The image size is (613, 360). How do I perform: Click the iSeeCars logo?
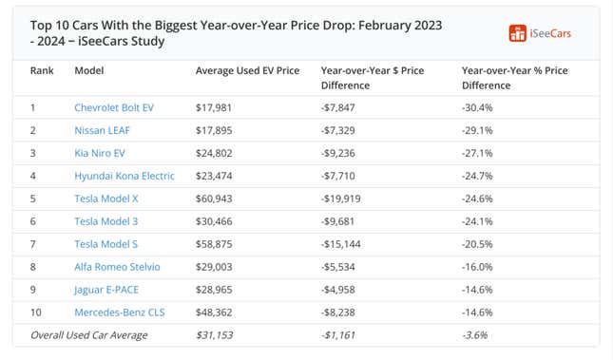[540, 34]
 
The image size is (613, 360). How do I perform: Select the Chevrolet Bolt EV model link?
[114, 107]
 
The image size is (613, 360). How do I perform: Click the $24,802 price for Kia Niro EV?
[214, 153]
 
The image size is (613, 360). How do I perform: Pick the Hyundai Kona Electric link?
[125, 176]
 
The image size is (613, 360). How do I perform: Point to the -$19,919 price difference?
[343, 199]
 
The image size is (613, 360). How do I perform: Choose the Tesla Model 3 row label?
[106, 221]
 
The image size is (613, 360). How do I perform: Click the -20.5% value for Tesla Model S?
[479, 244]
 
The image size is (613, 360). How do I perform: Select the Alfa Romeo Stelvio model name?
[117, 267]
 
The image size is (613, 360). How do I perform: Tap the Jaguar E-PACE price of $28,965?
[214, 290]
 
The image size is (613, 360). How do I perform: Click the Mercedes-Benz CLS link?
[118, 313]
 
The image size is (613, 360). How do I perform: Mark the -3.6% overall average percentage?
[476, 335]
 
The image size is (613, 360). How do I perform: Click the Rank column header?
[42, 71]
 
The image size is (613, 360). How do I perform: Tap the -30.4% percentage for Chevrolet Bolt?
[479, 107]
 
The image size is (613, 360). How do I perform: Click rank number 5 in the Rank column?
[33, 199]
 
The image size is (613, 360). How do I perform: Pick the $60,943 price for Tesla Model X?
[214, 199]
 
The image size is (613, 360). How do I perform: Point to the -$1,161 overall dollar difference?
[340, 335]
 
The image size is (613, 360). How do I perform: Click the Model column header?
[89, 71]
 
